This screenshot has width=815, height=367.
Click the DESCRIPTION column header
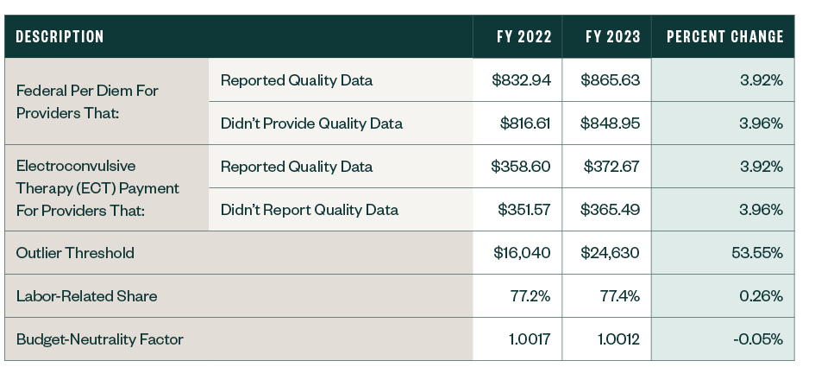[60, 37]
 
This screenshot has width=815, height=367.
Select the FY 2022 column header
[523, 37]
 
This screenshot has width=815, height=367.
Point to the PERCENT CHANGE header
[724, 37]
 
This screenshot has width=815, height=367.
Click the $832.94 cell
[522, 80]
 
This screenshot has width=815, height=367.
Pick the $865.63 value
[611, 80]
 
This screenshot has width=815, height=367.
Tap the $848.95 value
[611, 123]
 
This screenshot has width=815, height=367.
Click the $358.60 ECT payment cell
[522, 166]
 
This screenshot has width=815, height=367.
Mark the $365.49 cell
[611, 209]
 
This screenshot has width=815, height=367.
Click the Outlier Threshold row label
[75, 253]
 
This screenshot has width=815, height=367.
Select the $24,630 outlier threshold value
[611, 253]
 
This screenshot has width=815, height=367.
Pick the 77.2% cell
[531, 296]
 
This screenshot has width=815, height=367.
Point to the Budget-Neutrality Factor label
[100, 339]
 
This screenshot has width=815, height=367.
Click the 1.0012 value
[618, 339]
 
